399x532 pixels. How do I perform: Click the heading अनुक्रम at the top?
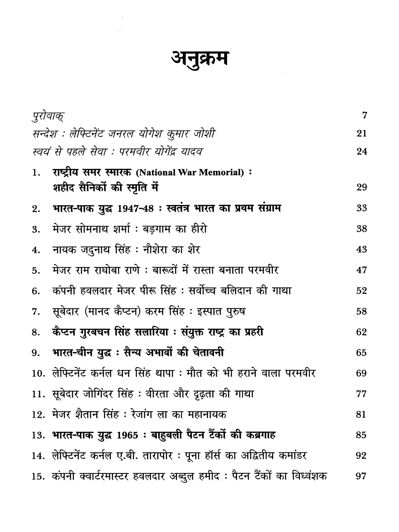199,59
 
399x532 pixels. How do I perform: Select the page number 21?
362,133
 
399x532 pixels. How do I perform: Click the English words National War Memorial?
190,173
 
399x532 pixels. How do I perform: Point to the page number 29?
362,187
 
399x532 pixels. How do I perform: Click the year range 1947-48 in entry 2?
135,209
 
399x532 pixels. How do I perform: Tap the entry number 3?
36,230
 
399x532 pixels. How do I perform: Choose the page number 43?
362,250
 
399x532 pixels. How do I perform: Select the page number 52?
362,291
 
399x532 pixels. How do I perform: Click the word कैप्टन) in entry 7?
125,311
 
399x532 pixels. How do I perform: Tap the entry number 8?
36,333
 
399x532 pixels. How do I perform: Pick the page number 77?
361,394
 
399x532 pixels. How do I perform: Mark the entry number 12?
38,415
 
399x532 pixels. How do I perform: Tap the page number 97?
361,476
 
